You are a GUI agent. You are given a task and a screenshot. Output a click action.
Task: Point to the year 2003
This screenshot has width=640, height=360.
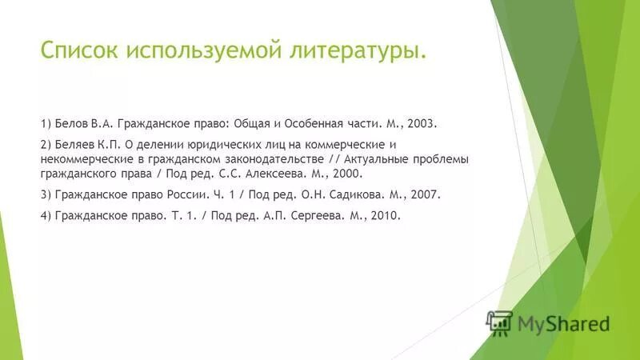tap(422, 125)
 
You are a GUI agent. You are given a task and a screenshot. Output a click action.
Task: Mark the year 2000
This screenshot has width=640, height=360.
tap(347, 173)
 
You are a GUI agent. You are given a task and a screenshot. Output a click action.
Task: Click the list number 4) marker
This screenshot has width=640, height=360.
tap(45, 216)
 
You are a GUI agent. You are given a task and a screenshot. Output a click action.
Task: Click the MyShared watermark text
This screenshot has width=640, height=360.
tap(563, 324)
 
